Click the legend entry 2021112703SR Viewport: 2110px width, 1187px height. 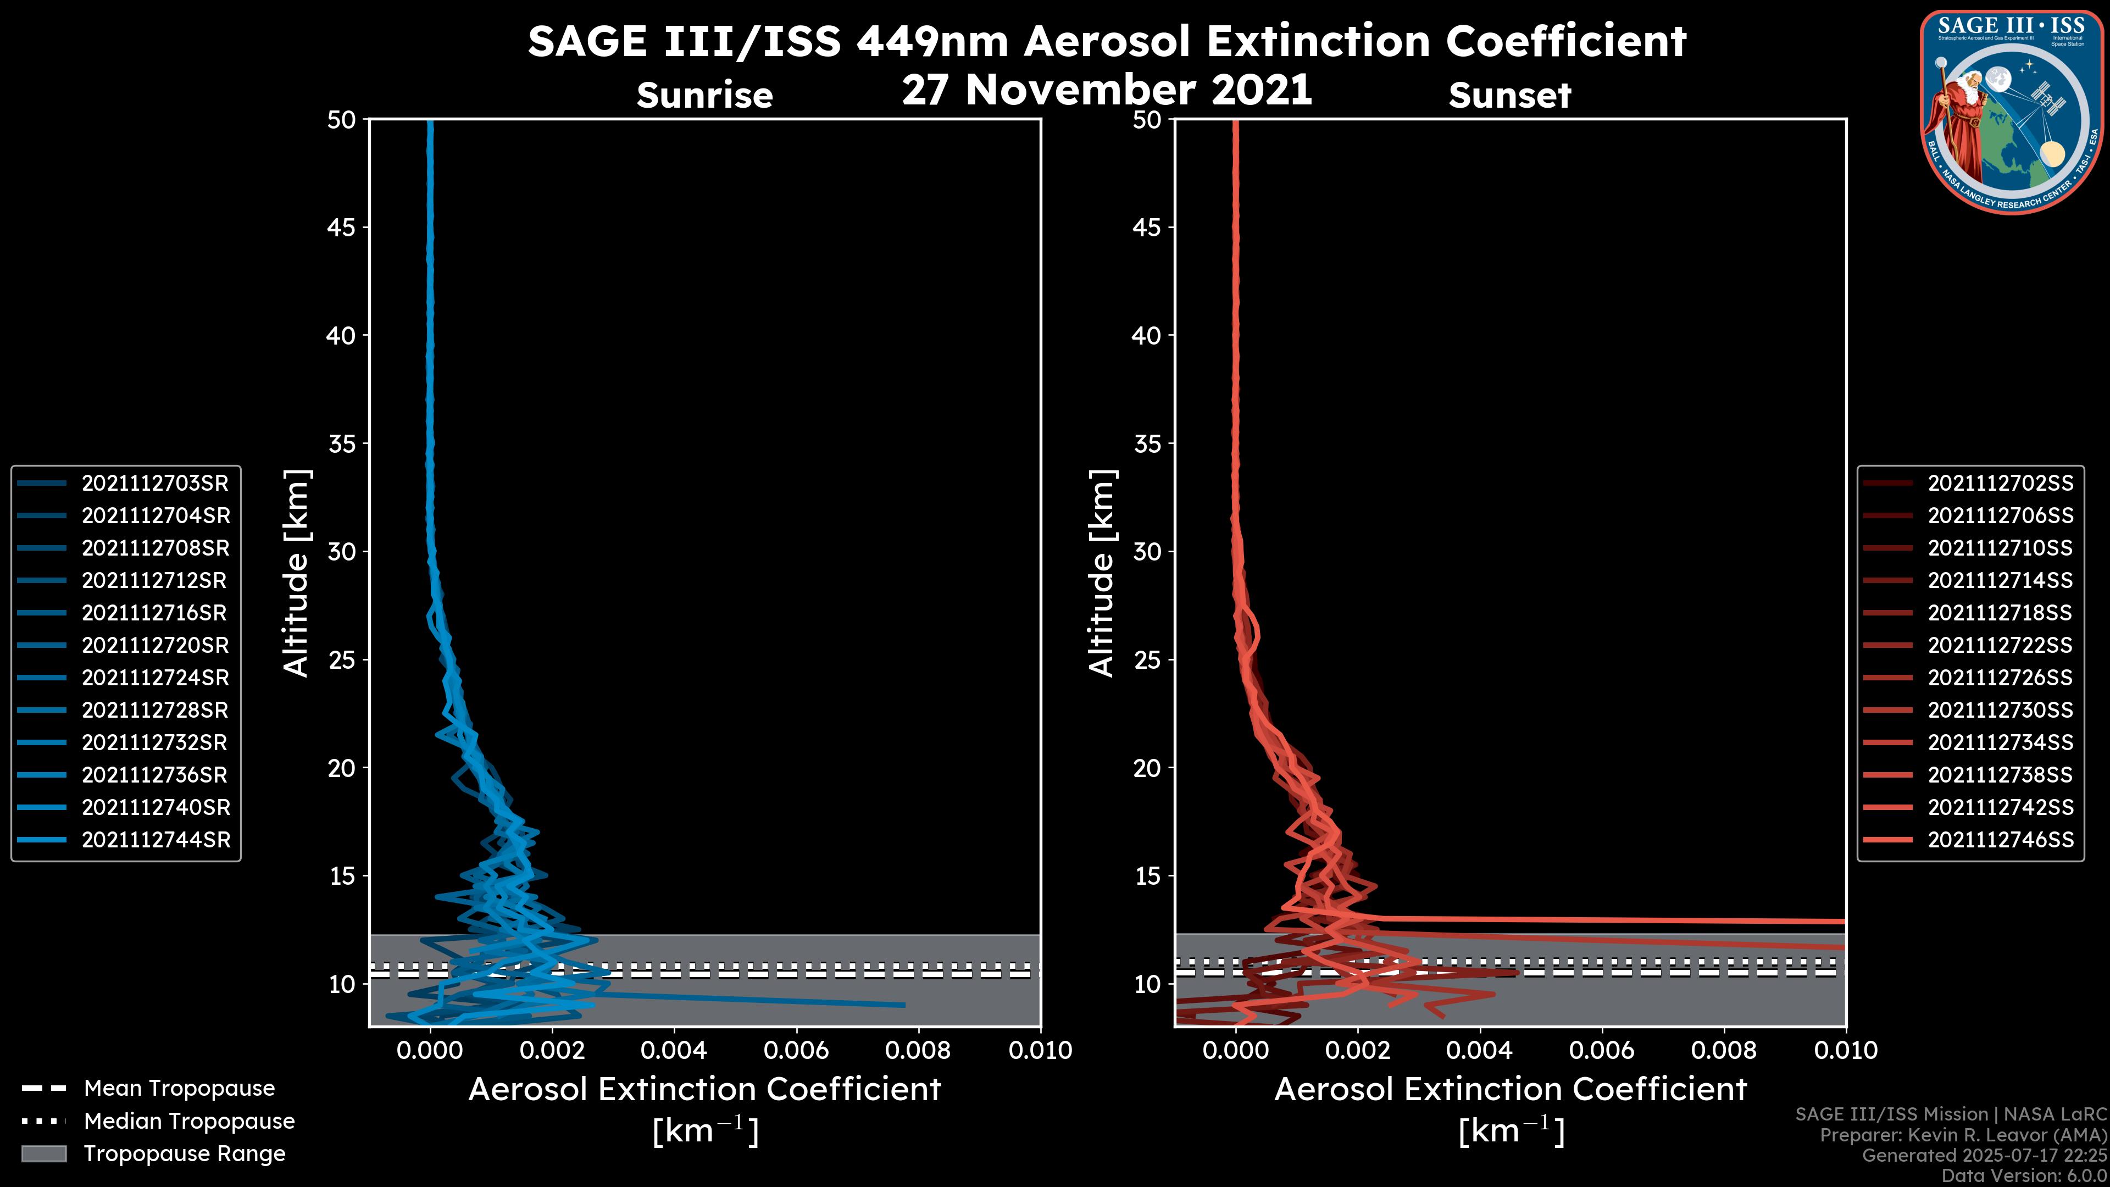[155, 484]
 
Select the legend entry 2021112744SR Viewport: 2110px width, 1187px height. [156, 840]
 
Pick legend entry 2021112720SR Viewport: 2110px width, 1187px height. [155, 646]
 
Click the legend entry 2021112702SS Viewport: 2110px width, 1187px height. [2000, 484]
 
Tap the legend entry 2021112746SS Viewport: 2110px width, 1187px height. [2000, 840]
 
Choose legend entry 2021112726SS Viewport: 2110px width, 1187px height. [2000, 678]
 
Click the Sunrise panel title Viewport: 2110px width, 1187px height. [704, 96]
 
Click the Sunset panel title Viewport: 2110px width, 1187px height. [1509, 96]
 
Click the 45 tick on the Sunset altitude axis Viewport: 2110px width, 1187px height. [1147, 228]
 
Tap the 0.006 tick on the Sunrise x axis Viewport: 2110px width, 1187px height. [796, 1050]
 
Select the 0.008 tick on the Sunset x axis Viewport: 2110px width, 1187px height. [1724, 1050]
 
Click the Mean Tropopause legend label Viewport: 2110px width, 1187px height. [179, 1089]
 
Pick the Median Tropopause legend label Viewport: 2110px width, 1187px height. [189, 1122]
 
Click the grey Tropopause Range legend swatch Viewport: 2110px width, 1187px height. [43, 1153]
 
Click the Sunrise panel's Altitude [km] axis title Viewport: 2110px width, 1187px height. [296, 573]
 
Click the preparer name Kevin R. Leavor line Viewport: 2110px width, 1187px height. [1963, 1135]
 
